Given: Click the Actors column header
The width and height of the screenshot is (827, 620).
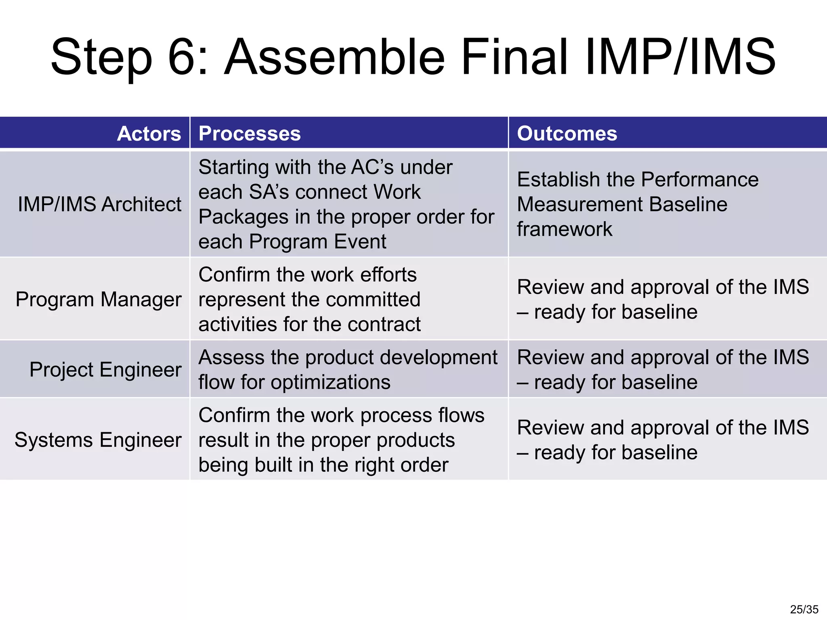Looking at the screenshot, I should coord(149,134).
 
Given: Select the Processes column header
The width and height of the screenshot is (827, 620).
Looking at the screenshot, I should coord(250,134).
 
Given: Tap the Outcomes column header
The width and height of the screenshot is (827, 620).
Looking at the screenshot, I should coord(567,134).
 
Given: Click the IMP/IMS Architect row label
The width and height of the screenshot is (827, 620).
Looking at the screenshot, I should coord(99,204).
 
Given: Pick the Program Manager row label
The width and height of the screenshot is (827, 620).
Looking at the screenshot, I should coord(99,300).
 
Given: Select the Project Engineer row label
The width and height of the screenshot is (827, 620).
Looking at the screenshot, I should coord(105,370).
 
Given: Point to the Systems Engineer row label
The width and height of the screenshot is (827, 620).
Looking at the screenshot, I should coord(98,440).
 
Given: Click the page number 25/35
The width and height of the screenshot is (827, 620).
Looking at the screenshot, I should coord(804,609).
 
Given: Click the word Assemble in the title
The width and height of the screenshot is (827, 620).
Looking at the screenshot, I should coord(335,57).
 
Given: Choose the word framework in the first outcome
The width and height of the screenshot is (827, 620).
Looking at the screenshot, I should coord(565,229).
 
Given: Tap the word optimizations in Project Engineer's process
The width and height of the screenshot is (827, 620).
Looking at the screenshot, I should coord(330,382).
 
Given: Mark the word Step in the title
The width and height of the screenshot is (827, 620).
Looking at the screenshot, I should coord(101,57).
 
